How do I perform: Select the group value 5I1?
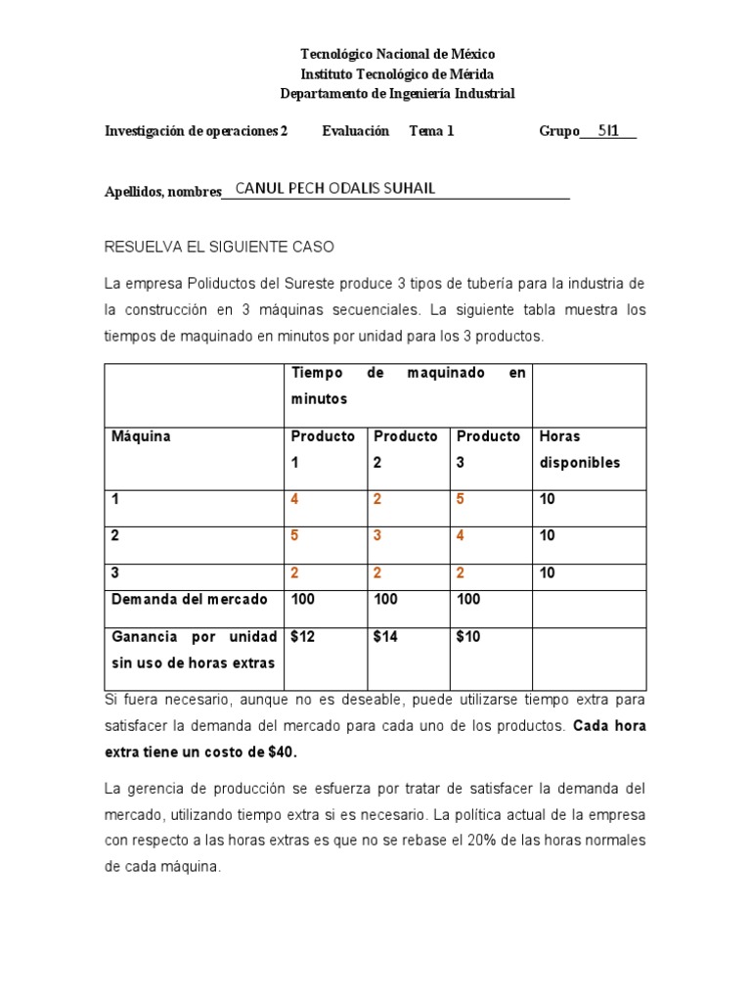(608, 130)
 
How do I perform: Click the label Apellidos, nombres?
(162, 192)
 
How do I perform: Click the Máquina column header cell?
(141, 436)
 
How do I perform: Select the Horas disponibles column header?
(580, 449)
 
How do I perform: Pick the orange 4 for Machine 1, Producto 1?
(294, 499)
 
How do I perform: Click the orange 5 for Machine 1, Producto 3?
(461, 499)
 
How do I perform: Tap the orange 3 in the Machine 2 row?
(377, 535)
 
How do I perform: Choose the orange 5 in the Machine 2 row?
(294, 535)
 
